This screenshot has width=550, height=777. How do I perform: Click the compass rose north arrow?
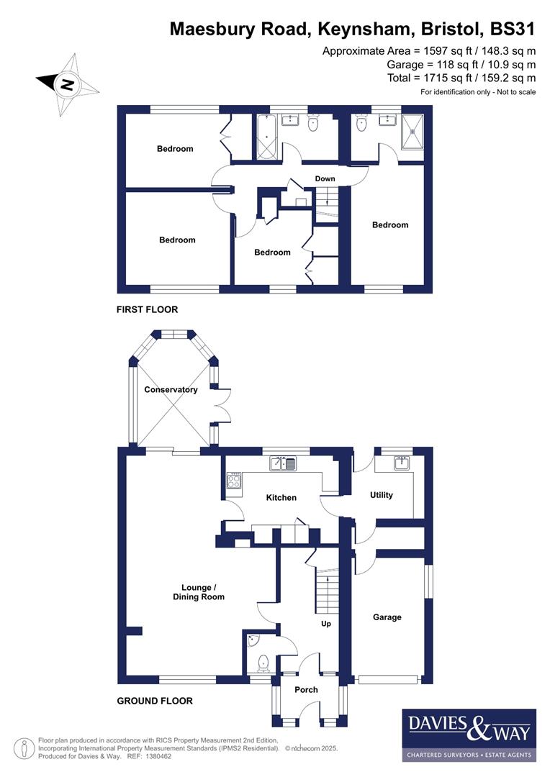[x=67, y=84]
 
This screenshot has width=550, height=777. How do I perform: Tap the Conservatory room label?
[x=171, y=390]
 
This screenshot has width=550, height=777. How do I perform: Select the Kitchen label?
[x=281, y=497]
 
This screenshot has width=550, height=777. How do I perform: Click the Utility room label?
[x=381, y=495]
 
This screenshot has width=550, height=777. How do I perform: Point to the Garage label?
[x=387, y=617]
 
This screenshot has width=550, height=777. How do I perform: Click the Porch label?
[x=306, y=690]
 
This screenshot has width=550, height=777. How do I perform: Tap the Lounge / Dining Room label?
[x=198, y=592]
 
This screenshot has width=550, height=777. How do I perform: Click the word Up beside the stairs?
[x=326, y=624]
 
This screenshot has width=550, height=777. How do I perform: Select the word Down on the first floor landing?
[x=325, y=178]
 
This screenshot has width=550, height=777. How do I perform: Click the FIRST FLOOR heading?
[x=147, y=310]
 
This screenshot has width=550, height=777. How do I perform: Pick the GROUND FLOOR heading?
[x=155, y=701]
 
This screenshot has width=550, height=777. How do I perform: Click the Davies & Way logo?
[x=469, y=735]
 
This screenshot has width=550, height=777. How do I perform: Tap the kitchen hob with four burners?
[x=235, y=480]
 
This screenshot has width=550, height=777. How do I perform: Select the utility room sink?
[x=402, y=463]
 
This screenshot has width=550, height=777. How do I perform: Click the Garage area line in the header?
[x=461, y=64]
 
